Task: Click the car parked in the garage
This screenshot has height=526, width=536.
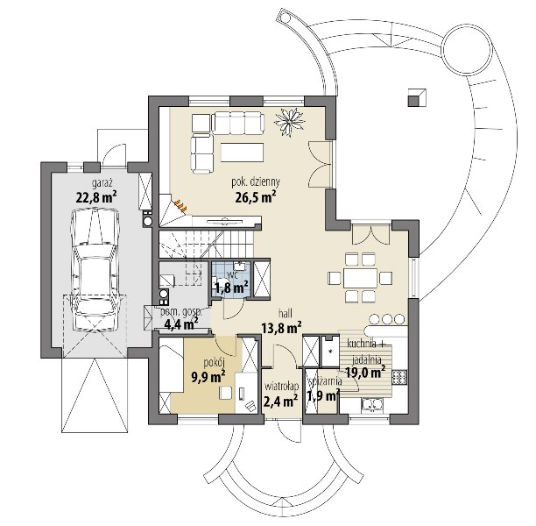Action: (95, 269)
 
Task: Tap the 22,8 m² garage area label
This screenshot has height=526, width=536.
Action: (96, 197)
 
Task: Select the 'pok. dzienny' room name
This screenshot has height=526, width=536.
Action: (256, 181)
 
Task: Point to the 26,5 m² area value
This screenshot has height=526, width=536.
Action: (256, 197)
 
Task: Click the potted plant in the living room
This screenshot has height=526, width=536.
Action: (290, 122)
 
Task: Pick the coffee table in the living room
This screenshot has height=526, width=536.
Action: (242, 153)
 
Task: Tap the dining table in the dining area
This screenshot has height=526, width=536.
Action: (360, 278)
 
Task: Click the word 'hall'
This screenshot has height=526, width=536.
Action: (286, 314)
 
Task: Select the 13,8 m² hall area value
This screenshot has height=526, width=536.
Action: (281, 328)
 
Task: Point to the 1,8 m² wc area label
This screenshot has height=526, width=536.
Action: (231, 288)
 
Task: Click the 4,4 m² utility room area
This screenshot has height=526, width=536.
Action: (181, 323)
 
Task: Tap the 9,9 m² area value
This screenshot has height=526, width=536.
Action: (208, 377)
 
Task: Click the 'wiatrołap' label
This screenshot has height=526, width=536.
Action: (282, 387)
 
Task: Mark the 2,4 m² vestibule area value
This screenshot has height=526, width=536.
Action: (280, 401)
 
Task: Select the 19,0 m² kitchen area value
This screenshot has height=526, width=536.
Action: (365, 372)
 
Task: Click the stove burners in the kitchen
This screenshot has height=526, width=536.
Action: (399, 377)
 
